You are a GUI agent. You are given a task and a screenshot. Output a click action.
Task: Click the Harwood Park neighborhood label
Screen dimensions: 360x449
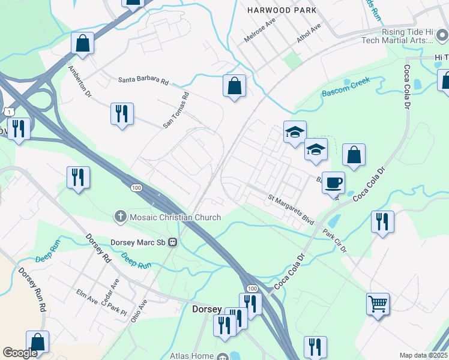pyautogui.click(x=281, y=10)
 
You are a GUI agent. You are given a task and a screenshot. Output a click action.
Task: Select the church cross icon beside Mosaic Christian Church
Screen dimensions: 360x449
pyautogui.click(x=120, y=217)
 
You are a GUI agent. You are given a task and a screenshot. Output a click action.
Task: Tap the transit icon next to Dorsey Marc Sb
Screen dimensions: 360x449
pyautogui.click(x=172, y=242)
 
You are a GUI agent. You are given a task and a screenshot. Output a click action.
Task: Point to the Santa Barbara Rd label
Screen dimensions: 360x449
pyautogui.click(x=143, y=79)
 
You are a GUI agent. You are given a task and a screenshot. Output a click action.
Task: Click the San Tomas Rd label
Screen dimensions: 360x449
pyautogui.click(x=176, y=110)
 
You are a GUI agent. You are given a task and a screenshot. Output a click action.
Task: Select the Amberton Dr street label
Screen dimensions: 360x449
pyautogui.click(x=79, y=82)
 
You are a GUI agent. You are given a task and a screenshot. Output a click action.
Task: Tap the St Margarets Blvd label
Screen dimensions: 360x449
pyautogui.click(x=291, y=209)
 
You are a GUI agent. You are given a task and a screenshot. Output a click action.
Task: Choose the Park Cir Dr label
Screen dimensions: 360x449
pyautogui.click(x=334, y=241)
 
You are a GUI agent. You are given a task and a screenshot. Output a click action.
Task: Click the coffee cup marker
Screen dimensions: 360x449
pyautogui.click(x=333, y=182)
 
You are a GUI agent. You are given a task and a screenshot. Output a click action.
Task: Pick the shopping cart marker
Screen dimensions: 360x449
pyautogui.click(x=378, y=304)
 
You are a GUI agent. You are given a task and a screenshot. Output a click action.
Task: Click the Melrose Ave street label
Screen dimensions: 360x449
pyautogui.click(x=259, y=29)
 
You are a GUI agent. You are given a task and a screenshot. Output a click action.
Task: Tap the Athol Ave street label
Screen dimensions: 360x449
pyautogui.click(x=309, y=32)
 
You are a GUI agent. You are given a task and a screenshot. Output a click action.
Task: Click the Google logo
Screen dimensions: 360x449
pyautogui.click(x=20, y=353)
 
